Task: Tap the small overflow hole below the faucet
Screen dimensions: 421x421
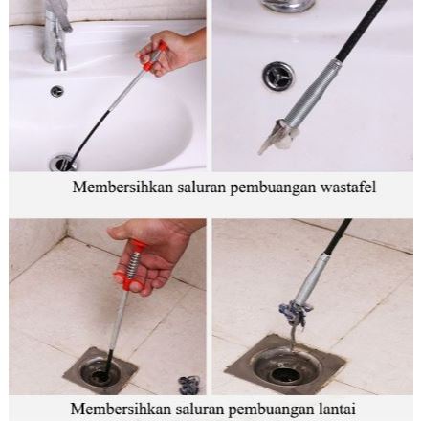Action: pos(57,91)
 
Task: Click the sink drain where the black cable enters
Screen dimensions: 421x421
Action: pos(63,163)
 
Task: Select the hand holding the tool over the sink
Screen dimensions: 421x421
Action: pos(182,48)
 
